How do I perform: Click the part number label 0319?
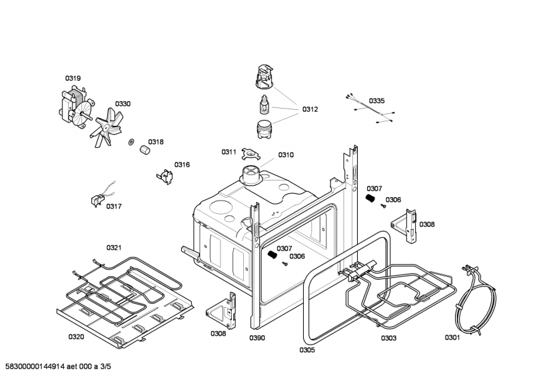tap(73, 79)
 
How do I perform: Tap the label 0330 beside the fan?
tap(123, 104)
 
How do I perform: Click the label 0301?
tap(452, 338)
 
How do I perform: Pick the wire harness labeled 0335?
tap(370, 109)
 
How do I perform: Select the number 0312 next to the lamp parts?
tap(310, 109)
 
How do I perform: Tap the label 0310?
tap(286, 155)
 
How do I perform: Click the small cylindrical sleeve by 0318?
tap(142, 153)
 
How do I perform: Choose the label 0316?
tap(182, 165)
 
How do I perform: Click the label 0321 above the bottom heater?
tap(114, 248)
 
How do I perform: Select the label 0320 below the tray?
tap(76, 337)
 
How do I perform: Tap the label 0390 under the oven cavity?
tap(257, 338)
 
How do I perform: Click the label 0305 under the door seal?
tap(306, 350)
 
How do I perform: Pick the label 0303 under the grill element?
tap(388, 338)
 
